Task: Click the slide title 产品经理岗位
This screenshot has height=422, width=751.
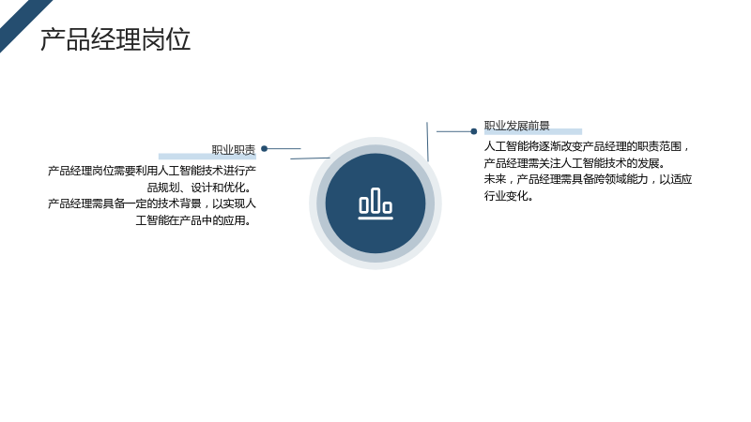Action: (115, 39)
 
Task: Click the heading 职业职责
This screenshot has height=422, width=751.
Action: (233, 150)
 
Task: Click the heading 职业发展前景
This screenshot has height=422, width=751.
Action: (516, 126)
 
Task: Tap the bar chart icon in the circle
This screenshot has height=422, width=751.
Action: (375, 203)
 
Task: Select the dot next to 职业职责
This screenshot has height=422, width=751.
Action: (264, 149)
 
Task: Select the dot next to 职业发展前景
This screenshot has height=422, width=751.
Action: (474, 131)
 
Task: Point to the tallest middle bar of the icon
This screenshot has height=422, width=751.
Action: (375, 200)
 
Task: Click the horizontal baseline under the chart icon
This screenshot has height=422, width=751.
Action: (375, 219)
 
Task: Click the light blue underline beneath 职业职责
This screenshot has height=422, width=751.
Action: (207, 157)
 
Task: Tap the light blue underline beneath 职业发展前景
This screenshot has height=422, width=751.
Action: (532, 131)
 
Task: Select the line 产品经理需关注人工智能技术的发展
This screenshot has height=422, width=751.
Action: (575, 163)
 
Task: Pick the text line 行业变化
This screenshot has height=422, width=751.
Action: (508, 196)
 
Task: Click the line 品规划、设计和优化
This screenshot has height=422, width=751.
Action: (199, 187)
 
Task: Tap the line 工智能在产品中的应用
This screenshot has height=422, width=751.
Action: (193, 220)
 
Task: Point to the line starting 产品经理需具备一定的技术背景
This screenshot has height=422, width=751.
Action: (152, 203)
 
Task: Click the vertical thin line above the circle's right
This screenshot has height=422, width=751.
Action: (427, 142)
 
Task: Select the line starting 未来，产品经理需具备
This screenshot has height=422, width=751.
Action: (588, 179)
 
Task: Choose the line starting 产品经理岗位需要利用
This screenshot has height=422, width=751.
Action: (152, 171)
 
